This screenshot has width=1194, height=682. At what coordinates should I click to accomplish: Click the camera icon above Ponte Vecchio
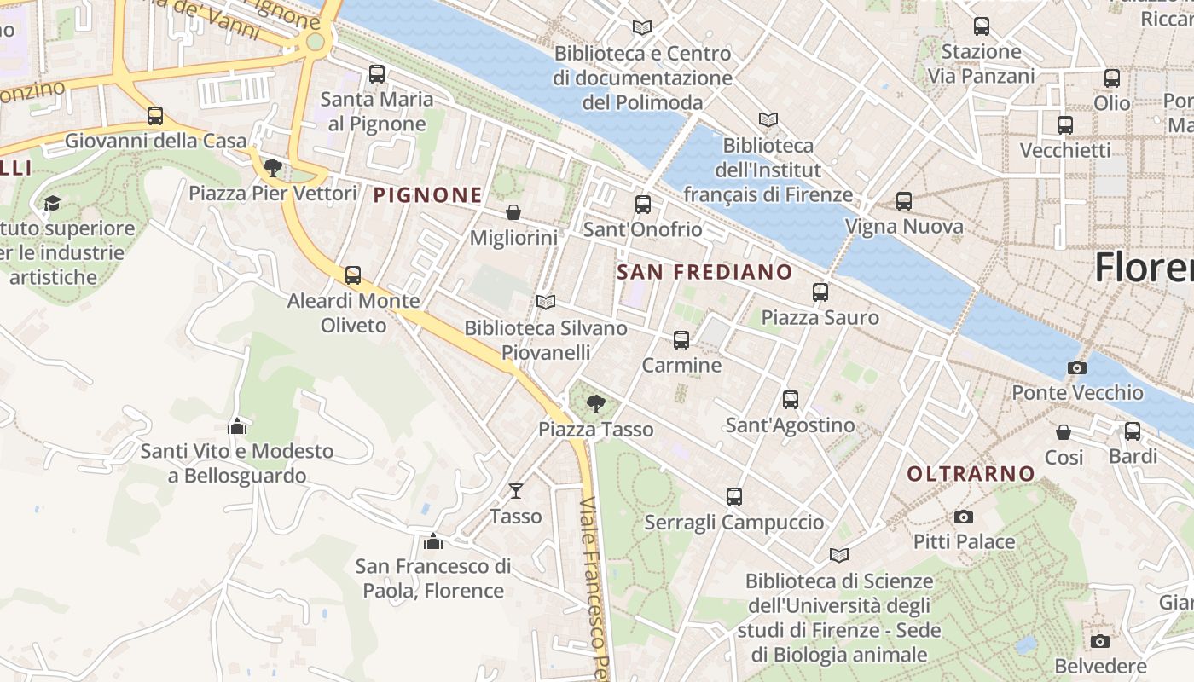pyautogui.click(x=1077, y=368)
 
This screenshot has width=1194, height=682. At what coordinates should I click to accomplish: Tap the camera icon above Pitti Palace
pyautogui.click(x=964, y=517)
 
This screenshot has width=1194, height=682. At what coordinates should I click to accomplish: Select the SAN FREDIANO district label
pyautogui.click(x=704, y=272)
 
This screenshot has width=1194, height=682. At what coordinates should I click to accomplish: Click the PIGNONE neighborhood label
pyautogui.click(x=428, y=195)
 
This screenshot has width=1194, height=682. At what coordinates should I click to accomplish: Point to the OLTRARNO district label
pyautogui.click(x=971, y=474)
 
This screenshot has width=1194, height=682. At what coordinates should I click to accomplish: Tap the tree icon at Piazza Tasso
pyautogui.click(x=596, y=404)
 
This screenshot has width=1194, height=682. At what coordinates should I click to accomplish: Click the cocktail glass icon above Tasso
pyautogui.click(x=515, y=491)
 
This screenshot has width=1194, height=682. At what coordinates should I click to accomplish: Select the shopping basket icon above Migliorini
pyautogui.click(x=513, y=212)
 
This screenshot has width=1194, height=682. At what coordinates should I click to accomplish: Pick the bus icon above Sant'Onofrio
pyautogui.click(x=643, y=205)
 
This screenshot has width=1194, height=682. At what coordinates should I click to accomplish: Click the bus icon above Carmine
pyautogui.click(x=681, y=340)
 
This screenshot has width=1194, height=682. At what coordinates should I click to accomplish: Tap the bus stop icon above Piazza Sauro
pyautogui.click(x=820, y=292)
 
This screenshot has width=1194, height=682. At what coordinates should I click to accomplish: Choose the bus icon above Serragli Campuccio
pyautogui.click(x=734, y=497)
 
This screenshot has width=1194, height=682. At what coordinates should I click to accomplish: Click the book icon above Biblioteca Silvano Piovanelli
pyautogui.click(x=546, y=303)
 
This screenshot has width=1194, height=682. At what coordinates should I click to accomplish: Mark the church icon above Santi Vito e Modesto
pyautogui.click(x=237, y=425)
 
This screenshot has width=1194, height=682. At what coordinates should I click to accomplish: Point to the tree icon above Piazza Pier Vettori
pyautogui.click(x=273, y=167)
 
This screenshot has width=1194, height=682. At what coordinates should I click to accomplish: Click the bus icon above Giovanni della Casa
pyautogui.click(x=155, y=116)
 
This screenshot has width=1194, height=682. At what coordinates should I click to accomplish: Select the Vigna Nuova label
pyautogui.click(x=903, y=227)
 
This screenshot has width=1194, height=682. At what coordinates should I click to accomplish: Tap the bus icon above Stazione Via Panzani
pyautogui.click(x=982, y=26)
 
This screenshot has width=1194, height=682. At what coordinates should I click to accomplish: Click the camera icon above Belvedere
pyautogui.click(x=1100, y=641)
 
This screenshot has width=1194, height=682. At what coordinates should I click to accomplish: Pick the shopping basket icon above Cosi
pyautogui.click(x=1064, y=432)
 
